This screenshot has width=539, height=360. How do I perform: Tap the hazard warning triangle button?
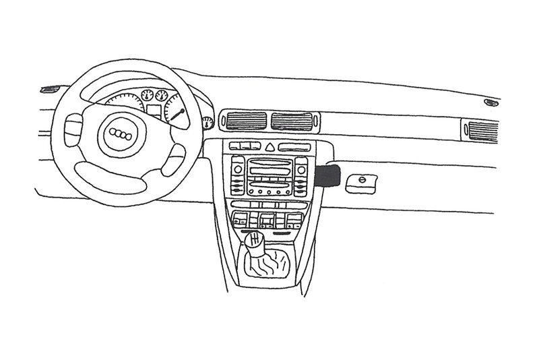(269, 147)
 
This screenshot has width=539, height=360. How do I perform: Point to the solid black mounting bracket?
(327, 176)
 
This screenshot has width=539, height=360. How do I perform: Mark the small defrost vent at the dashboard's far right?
(493, 102)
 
